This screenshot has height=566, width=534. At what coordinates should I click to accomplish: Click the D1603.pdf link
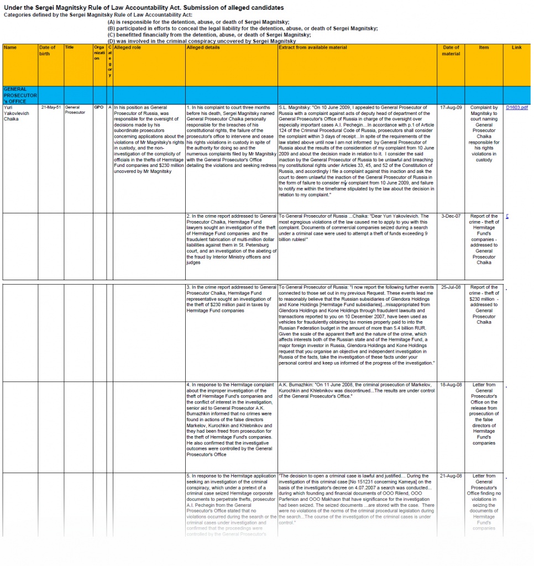tap(517, 107)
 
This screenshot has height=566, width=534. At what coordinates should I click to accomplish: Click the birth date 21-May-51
tap(50, 107)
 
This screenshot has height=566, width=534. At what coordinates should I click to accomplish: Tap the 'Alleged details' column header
tap(203, 48)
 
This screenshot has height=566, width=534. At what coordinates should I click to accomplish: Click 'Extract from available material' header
tap(313, 48)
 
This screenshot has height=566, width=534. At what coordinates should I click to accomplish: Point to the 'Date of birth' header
tap(48, 50)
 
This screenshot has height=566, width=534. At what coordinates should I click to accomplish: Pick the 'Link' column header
tap(516, 48)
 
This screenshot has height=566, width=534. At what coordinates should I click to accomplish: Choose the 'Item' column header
tap(484, 48)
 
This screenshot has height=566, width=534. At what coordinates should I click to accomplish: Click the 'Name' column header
tap(10, 48)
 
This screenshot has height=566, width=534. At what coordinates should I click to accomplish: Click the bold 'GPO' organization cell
tap(99, 107)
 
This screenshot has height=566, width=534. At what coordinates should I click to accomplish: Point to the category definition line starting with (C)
tap(209, 35)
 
